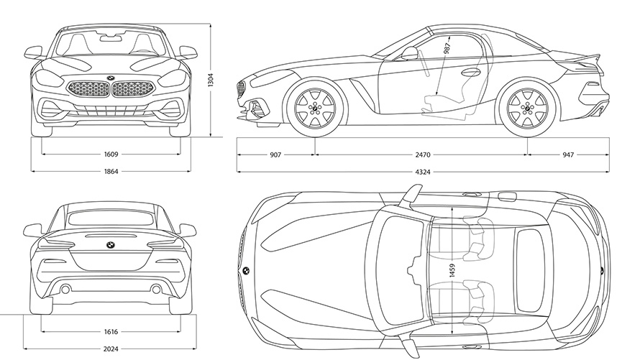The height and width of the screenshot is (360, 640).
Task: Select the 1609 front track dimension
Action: tap(111, 154)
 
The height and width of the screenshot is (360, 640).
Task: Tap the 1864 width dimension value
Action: tap(111, 171)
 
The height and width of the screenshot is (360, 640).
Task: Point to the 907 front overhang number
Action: tap(275, 154)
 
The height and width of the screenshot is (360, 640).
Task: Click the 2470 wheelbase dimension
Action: tap(422, 154)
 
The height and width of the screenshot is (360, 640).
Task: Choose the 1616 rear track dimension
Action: tap(111, 333)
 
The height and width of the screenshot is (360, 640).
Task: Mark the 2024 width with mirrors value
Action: tap(111, 351)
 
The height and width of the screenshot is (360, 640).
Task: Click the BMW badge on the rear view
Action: tap(110, 245)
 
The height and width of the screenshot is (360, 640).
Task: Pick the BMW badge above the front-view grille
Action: tap(111, 78)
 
